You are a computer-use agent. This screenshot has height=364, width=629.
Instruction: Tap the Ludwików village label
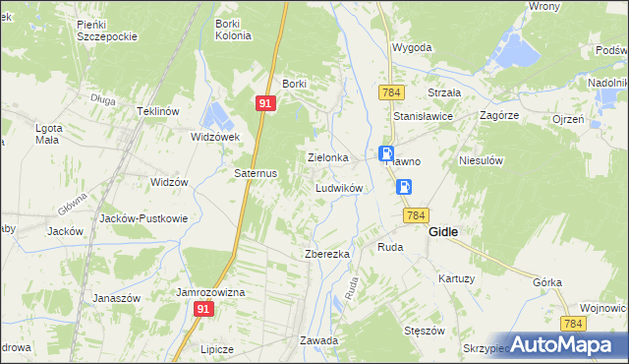[x=340, y=187]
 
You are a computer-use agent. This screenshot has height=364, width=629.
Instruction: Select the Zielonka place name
[x=328, y=157]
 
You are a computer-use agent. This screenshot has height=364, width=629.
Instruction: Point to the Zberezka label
[x=327, y=254]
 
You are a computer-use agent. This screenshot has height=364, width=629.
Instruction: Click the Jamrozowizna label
[x=210, y=293]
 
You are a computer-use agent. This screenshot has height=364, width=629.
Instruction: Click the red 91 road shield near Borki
[x=266, y=102]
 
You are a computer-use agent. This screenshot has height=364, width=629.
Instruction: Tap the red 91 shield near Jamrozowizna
[x=202, y=309]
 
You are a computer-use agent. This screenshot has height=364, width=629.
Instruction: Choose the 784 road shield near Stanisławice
[x=391, y=91]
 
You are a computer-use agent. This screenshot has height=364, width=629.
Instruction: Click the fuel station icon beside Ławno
[x=387, y=153]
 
